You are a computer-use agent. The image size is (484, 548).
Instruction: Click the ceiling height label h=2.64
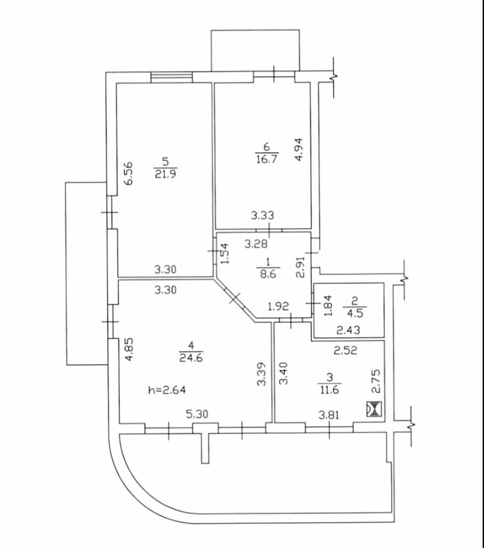point(167,390)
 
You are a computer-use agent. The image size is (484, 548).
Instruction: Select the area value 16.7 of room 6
point(267,158)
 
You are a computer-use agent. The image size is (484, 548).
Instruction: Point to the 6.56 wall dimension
point(129,173)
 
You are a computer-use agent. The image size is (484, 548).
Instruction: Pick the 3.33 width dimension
point(263,216)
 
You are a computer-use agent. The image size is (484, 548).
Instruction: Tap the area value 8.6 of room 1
point(268,274)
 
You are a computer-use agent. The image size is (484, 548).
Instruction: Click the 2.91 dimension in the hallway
point(300,267)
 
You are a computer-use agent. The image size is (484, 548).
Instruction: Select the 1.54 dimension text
point(225,253)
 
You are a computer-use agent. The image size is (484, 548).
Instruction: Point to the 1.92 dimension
point(279,306)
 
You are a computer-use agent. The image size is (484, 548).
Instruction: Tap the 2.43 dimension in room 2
point(348,330)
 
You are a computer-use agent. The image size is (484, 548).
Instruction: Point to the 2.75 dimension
point(376,381)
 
